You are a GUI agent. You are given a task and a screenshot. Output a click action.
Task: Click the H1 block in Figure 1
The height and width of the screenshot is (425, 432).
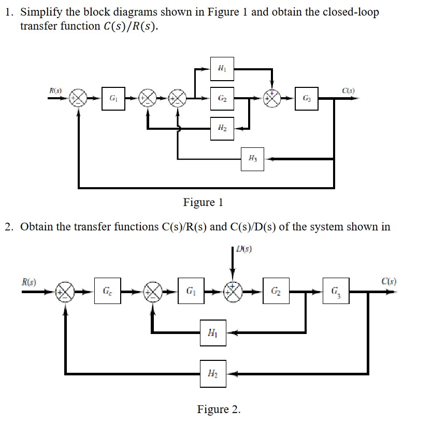(x=222, y=68)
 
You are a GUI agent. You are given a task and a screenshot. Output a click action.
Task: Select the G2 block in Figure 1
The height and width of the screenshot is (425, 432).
(x=222, y=97)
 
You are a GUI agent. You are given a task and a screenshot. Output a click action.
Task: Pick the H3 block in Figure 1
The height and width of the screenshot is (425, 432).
(x=253, y=159)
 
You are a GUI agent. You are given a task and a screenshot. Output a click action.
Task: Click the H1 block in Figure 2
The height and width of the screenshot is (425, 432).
(x=213, y=332)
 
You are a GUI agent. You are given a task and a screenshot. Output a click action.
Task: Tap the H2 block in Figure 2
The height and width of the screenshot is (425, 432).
(x=213, y=373)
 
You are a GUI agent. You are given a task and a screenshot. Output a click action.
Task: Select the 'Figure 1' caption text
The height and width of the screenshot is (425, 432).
(x=203, y=202)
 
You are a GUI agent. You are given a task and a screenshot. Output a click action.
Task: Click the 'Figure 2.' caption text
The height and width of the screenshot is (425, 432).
(x=219, y=409)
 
